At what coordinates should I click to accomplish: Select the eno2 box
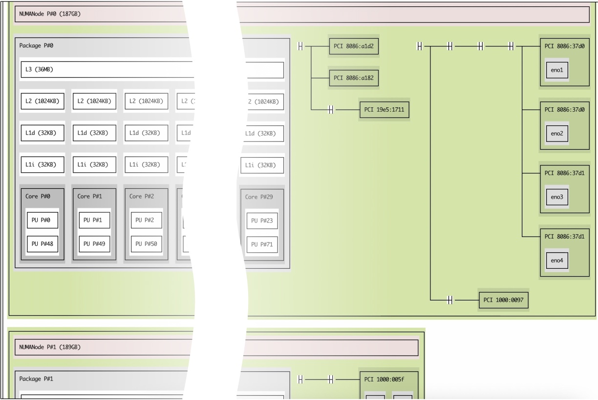point(557,133)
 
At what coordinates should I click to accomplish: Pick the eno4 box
point(557,260)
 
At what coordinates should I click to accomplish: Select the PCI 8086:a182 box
point(354,78)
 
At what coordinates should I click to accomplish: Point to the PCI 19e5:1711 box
point(384,109)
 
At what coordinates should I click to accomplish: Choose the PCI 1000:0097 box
point(504,300)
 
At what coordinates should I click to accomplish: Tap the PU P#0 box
point(43,220)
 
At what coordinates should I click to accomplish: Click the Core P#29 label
point(258,197)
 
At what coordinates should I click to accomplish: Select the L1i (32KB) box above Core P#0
point(43,164)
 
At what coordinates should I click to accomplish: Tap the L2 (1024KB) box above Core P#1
point(94,101)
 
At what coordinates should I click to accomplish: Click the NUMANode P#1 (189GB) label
point(50,347)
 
